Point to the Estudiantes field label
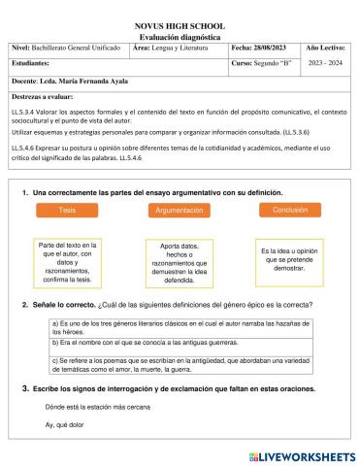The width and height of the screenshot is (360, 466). click(34, 65)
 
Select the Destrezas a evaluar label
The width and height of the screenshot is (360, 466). click(46, 98)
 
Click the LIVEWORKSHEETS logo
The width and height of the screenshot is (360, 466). click(302, 454)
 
